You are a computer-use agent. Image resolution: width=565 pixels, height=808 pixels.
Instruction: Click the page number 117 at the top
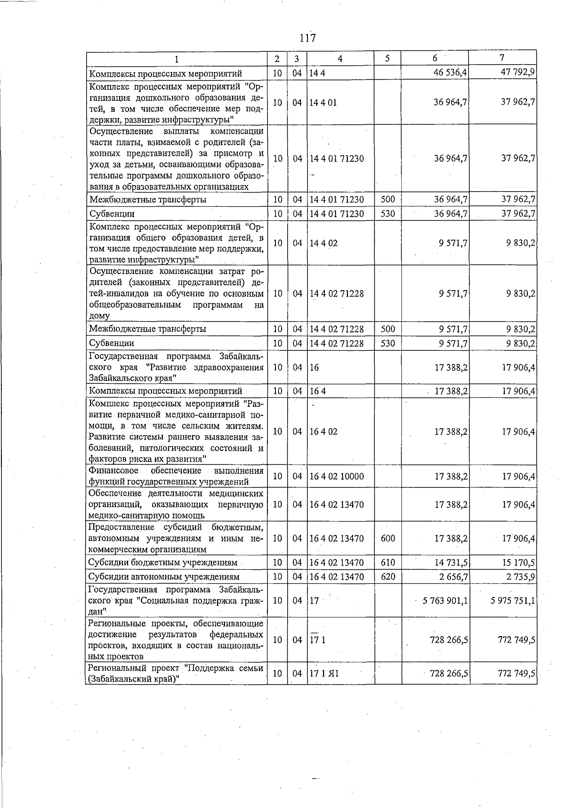point(307,38)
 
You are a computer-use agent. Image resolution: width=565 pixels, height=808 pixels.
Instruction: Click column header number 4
point(340,58)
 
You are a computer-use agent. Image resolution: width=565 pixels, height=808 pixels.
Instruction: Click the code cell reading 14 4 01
point(323,102)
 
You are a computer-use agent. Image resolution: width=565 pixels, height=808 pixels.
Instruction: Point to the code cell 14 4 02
point(323,243)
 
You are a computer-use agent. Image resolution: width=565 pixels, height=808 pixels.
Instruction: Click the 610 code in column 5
point(387,563)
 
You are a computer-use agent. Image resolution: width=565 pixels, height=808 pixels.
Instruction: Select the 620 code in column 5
point(387,577)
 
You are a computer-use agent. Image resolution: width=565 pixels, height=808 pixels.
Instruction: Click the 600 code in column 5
point(387,538)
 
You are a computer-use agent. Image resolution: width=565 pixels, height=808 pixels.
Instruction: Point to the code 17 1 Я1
point(324,673)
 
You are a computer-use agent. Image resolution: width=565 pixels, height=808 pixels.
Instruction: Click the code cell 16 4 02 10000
point(336,477)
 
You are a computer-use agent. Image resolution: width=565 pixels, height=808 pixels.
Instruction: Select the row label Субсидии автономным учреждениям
point(164,577)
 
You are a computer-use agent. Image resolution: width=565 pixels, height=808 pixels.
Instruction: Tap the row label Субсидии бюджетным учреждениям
point(163,563)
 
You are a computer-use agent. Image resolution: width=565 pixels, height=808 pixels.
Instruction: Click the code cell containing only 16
point(314,367)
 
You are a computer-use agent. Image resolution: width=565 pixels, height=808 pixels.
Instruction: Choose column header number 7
point(502,58)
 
